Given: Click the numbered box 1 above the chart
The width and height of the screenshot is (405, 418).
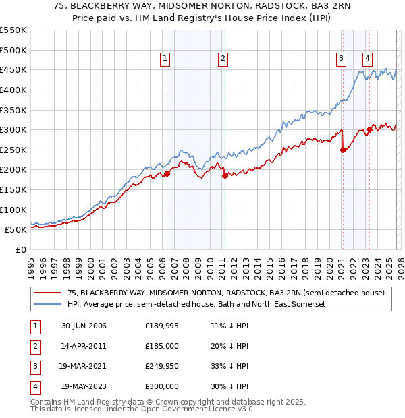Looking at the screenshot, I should click(165, 59).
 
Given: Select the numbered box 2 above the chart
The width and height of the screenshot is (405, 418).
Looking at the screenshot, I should click(223, 59).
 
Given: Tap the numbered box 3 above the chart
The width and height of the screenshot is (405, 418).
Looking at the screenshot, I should click(342, 59).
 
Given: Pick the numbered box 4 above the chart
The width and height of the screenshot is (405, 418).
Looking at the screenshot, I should click(367, 59).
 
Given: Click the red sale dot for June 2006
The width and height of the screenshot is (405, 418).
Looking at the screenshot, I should click(167, 173).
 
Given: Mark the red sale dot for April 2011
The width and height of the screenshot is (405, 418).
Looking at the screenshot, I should click(224, 175).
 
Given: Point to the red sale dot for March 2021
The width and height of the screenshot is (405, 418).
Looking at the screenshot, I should click(343, 150).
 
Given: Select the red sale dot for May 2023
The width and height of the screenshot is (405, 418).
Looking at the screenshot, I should click(369, 129).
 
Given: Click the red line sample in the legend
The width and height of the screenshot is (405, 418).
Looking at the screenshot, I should click(48, 293).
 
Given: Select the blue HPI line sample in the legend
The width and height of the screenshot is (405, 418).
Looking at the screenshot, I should click(48, 304).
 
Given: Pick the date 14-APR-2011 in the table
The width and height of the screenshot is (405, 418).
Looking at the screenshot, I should click(84, 346).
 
